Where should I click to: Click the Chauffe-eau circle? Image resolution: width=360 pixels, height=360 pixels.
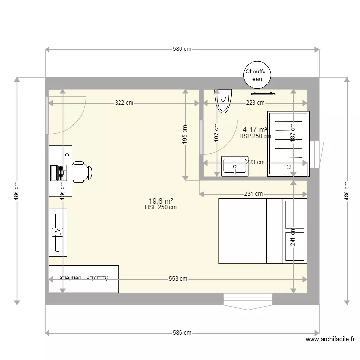(257, 75)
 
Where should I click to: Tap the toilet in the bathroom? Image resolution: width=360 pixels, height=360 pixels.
(223, 101)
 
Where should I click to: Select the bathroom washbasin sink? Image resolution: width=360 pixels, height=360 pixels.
(234, 167)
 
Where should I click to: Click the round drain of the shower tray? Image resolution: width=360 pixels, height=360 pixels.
(289, 168)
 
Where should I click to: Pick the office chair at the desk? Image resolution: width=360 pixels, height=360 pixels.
(82, 172)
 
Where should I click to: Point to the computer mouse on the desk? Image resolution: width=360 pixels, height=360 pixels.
(67, 154)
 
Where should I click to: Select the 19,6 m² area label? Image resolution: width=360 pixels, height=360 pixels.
(161, 201)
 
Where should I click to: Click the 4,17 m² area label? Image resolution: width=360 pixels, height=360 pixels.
(255, 129)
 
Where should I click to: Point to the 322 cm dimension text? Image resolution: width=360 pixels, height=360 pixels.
(124, 103)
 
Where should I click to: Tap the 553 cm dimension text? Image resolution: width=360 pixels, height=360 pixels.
(178, 279)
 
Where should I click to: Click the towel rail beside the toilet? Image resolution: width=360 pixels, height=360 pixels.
(262, 94)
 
